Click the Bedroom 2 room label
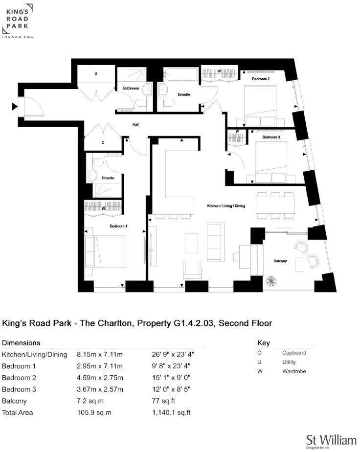(261, 78)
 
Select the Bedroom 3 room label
(271, 137)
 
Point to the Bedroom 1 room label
(118, 226)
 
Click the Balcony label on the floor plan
(280, 261)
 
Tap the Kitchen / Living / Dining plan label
(225, 206)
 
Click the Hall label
(135, 125)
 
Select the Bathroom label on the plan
(131, 89)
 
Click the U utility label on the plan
(96, 73)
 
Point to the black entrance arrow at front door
(13, 105)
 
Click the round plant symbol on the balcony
(270, 282)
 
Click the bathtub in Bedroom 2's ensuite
(180, 75)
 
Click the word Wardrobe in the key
(293, 371)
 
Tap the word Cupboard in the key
(294, 353)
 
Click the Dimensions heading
(21, 343)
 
